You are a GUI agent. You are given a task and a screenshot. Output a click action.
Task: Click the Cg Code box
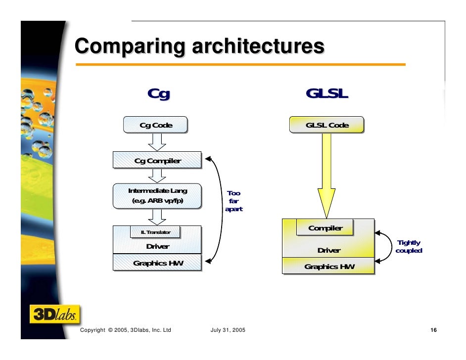[156, 125]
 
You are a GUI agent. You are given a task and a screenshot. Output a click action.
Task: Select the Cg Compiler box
[157, 160]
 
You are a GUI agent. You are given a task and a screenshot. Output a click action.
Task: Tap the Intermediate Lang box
[157, 196]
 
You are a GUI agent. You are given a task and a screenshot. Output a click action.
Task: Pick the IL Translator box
[155, 232]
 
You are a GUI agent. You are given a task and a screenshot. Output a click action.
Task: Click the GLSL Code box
[326, 125]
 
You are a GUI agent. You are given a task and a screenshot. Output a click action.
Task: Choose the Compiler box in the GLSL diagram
[325, 228]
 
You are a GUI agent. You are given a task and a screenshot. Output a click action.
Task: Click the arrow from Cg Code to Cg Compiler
[157, 142]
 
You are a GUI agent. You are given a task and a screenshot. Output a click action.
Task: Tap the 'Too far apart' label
[233, 201]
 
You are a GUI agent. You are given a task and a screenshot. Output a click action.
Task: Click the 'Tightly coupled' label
[409, 246]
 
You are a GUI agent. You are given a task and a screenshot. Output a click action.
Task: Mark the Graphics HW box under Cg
[157, 263]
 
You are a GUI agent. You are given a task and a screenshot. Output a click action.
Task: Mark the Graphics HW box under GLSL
[328, 267]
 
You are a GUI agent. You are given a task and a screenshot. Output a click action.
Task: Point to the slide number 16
[433, 330]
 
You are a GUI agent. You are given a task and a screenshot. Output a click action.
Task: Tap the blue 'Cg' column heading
[158, 93]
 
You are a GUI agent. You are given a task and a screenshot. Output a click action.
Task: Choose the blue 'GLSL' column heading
[326, 93]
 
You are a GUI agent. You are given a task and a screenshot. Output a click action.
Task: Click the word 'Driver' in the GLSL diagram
[328, 250]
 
